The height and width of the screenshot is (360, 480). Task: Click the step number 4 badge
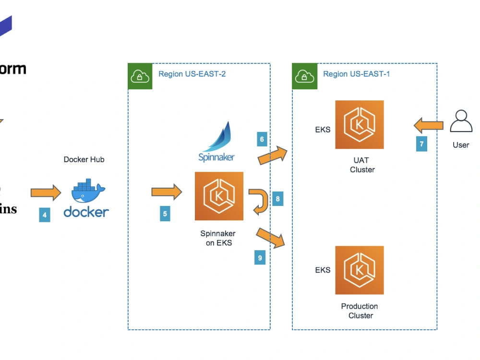pyautogui.click(x=45, y=215)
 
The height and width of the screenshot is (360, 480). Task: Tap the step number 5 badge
pyautogui.click(x=165, y=214)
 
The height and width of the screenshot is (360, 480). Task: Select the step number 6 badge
pyautogui.click(x=262, y=140)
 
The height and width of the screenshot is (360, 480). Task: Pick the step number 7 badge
pyautogui.click(x=421, y=144)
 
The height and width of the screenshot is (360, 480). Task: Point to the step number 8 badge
pyautogui.click(x=277, y=199)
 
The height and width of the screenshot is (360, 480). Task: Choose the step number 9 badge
pyautogui.click(x=260, y=258)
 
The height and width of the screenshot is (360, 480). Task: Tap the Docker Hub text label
pyautogui.click(x=84, y=159)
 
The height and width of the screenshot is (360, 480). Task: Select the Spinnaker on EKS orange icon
pyautogui.click(x=219, y=196)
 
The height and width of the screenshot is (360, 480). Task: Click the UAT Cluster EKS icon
pyautogui.click(x=360, y=125)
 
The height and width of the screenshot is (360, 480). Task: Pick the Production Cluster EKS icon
pyautogui.click(x=360, y=270)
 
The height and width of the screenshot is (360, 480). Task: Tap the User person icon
pyautogui.click(x=461, y=121)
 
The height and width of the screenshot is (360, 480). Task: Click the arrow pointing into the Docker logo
pyautogui.click(x=46, y=193)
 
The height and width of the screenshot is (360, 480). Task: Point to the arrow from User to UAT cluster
pyautogui.click(x=429, y=126)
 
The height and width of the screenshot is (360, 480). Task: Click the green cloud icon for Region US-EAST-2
pyautogui.click(x=140, y=76)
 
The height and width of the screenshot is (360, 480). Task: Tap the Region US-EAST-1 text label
pyautogui.click(x=356, y=74)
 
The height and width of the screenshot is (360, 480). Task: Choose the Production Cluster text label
pyautogui.click(x=360, y=311)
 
